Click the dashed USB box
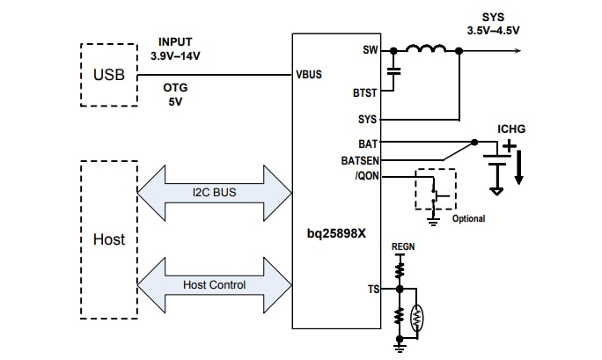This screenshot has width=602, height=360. (108, 74)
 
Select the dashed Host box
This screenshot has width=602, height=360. (108, 239)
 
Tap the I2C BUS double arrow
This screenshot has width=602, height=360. (214, 191)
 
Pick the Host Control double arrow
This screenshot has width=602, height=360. (214, 285)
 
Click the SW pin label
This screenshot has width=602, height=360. (370, 50)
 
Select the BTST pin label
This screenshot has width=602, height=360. (364, 92)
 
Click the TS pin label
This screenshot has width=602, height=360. (372, 287)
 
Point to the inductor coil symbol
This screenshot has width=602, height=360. (426, 49)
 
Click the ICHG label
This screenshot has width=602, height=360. (510, 129)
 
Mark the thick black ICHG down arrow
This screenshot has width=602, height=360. (518, 168)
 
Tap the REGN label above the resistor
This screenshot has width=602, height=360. (402, 247)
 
